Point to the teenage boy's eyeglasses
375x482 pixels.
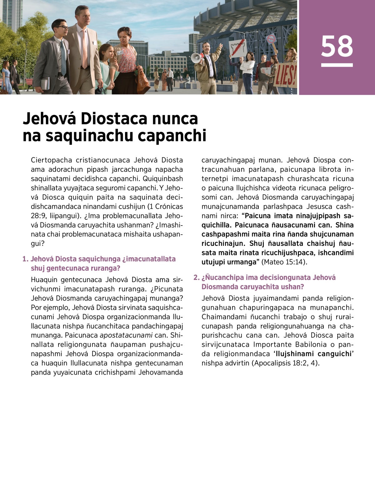pos(62,27)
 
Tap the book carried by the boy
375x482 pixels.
pos(45,83)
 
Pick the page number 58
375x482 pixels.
pos(337,46)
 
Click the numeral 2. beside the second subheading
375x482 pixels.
pos(196,278)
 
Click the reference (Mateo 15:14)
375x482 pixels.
pos(284,262)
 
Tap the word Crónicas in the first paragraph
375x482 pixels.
pos(169,206)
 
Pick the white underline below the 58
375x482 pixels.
pos(337,65)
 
